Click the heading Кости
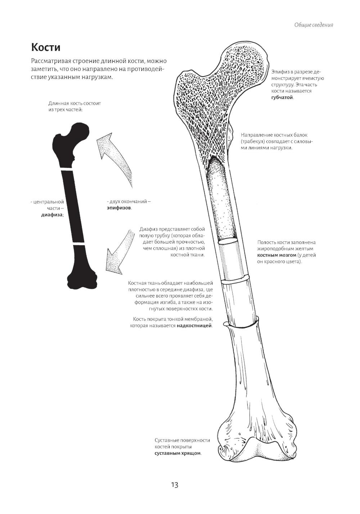click(x=46, y=47)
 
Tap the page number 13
click(x=175, y=485)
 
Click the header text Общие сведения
click(x=314, y=25)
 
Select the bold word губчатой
click(x=282, y=97)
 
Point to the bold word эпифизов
click(x=119, y=208)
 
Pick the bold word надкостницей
click(x=194, y=326)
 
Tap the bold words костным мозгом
click(x=276, y=255)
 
